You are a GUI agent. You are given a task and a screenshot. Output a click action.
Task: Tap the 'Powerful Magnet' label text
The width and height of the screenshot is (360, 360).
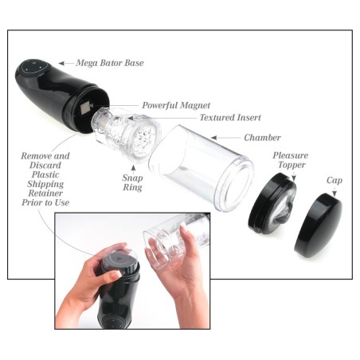point(175,104)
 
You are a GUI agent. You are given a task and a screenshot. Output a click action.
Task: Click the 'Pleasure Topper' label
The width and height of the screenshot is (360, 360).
point(291,161)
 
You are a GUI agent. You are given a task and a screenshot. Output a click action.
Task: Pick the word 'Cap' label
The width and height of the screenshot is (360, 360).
point(335,181)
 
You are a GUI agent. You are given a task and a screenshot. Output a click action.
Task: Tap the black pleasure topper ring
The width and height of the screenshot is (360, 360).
point(272,209)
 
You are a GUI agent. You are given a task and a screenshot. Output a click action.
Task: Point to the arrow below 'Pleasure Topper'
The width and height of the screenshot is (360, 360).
point(292,177)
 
